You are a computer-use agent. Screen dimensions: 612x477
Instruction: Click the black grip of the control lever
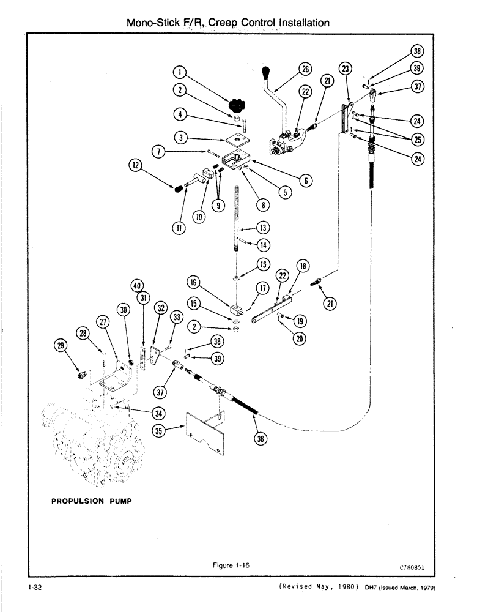[x=268, y=75]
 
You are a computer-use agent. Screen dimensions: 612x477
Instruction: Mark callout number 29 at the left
[x=60, y=346]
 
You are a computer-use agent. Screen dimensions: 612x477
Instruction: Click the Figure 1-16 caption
[x=233, y=565]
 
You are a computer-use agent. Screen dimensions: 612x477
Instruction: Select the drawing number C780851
[x=412, y=567]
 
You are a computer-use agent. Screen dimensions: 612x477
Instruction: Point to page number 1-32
[x=34, y=589]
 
